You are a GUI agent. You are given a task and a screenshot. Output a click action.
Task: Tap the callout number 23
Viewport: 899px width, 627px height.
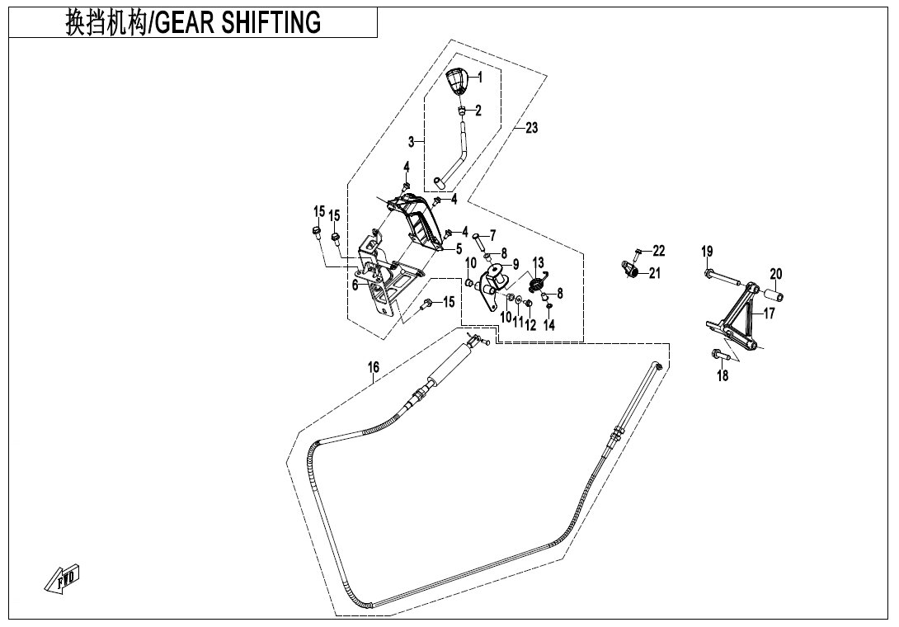pos(531,127)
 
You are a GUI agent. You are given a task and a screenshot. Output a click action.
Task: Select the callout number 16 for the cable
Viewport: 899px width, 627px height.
pos(374,366)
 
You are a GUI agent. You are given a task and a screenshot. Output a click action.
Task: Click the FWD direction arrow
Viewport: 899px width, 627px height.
pos(62,578)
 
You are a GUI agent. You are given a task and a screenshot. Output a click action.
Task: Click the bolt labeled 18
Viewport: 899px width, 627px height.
pos(718,355)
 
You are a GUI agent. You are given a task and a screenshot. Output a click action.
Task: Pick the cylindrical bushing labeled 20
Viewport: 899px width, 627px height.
pos(772,296)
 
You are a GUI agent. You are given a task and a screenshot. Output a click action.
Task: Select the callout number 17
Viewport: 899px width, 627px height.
pos(769,313)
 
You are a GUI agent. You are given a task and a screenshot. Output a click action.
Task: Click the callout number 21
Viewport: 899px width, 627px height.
pos(655,274)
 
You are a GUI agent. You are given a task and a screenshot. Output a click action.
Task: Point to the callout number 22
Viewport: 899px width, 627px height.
pos(658,251)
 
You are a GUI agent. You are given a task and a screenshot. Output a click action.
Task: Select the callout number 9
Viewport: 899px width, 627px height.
pos(515,265)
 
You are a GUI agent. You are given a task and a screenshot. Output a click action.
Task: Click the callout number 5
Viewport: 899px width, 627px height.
pos(459,249)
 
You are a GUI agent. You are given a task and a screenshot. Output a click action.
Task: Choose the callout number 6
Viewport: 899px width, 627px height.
pos(355,285)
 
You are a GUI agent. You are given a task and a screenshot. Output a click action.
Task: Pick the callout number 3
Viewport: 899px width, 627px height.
pos(411,142)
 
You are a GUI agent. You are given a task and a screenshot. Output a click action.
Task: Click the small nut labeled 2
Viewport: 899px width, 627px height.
pos(460,111)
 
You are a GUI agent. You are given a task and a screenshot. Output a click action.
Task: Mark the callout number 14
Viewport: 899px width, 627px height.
pos(548,325)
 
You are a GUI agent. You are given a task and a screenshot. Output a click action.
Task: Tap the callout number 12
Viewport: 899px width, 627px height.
pos(530,325)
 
